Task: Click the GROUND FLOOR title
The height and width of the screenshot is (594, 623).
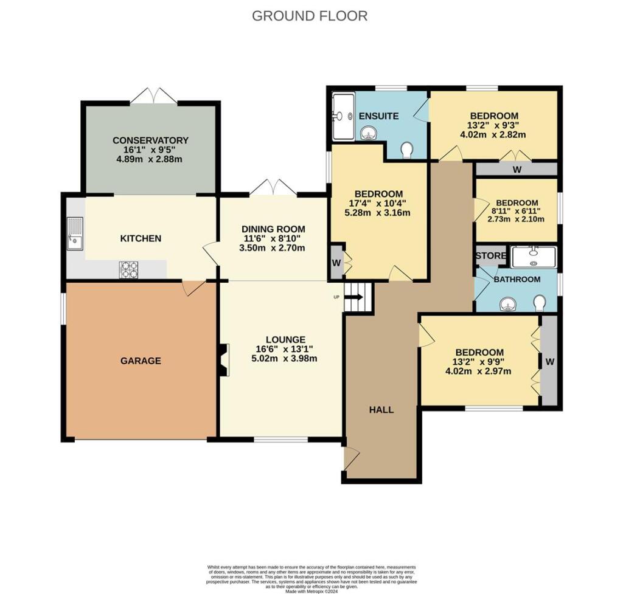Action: click(310, 16)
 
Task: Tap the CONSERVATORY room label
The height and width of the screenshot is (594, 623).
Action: click(150, 140)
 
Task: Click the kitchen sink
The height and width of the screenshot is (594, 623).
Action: click(75, 233)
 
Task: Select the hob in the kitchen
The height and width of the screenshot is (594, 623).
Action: click(128, 269)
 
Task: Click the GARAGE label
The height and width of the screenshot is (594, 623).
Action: click(140, 361)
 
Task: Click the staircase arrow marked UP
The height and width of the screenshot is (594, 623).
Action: click(355, 297)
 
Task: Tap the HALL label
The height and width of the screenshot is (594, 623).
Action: click(381, 409)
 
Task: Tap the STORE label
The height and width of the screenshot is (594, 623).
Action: click(490, 255)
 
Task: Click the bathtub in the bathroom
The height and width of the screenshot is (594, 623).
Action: click(534, 257)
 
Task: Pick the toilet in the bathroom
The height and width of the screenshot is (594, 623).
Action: click(539, 302)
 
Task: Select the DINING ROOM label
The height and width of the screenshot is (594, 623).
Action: click(273, 229)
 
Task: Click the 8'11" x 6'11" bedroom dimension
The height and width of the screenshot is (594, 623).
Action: click(517, 212)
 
